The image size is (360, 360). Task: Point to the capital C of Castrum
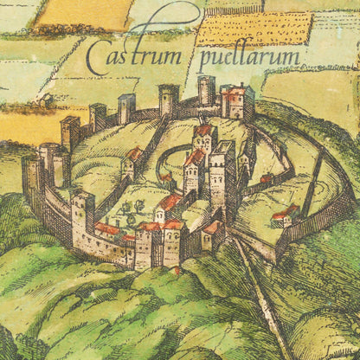click(99, 59)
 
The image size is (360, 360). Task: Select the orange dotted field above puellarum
click(253, 29)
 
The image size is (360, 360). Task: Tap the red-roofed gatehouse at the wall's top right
click(237, 101)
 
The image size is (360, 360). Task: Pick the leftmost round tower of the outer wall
click(33, 178)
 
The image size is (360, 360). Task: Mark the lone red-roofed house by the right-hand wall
click(283, 215)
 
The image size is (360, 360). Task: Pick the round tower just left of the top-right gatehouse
click(206, 90)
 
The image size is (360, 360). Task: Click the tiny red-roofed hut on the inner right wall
click(266, 178)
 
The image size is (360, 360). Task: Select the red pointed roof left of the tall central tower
click(195, 158)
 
